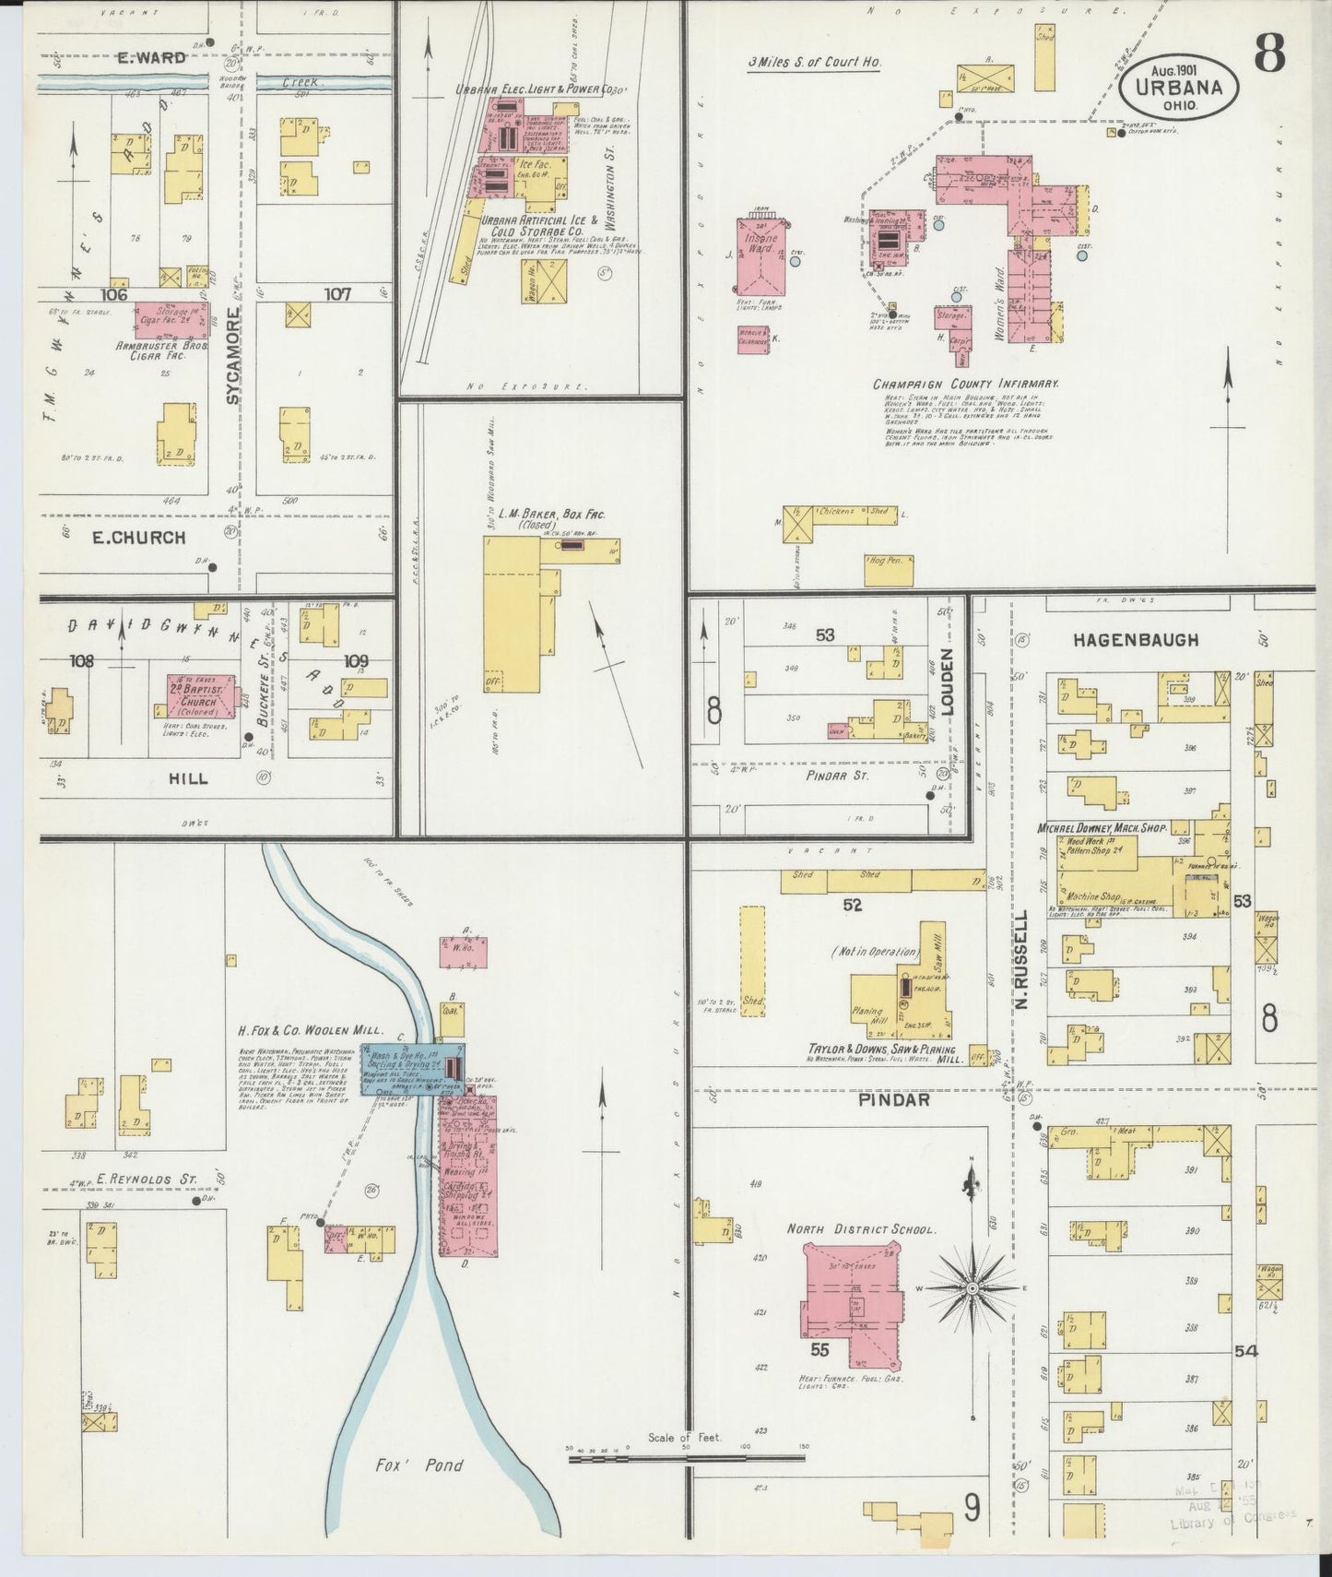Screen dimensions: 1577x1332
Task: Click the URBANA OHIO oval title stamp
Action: point(1179,88)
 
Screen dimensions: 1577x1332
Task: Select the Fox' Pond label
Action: point(418,1464)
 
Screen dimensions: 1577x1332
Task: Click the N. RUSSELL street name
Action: point(1022,958)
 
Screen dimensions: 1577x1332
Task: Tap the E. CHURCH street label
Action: point(138,538)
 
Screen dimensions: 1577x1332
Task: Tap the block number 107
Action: point(336,295)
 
